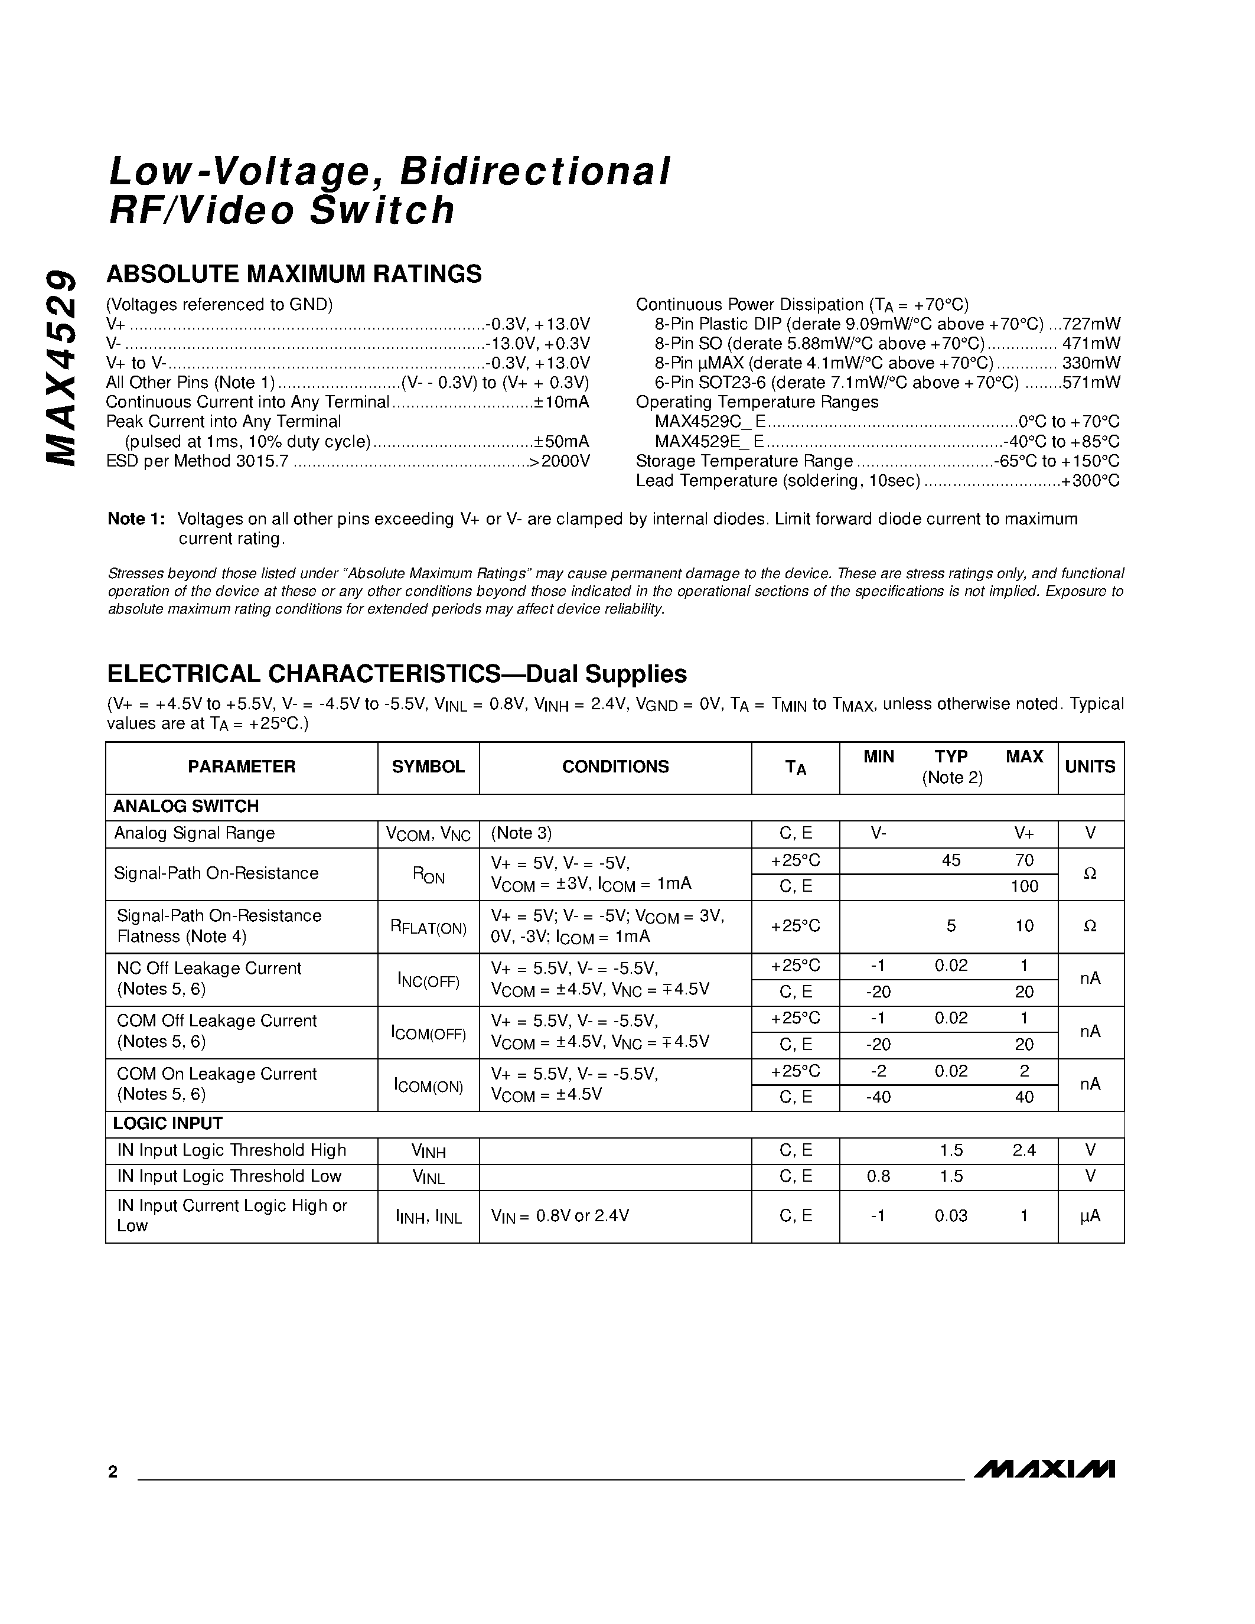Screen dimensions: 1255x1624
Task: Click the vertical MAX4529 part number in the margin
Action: click(x=61, y=367)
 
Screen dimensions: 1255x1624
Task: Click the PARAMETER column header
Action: click(x=242, y=767)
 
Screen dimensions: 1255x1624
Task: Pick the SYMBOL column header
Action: click(x=428, y=767)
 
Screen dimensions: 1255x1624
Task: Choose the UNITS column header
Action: click(x=1090, y=767)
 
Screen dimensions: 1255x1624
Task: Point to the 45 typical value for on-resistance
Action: click(x=951, y=860)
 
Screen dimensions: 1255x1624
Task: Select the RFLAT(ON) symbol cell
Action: click(x=428, y=927)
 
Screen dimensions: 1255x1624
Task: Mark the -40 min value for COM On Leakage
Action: click(x=878, y=1098)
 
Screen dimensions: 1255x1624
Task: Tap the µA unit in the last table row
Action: click(x=1090, y=1216)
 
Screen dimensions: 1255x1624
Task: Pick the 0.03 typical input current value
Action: click(x=951, y=1216)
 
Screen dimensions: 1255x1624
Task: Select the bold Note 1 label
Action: click(x=136, y=519)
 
